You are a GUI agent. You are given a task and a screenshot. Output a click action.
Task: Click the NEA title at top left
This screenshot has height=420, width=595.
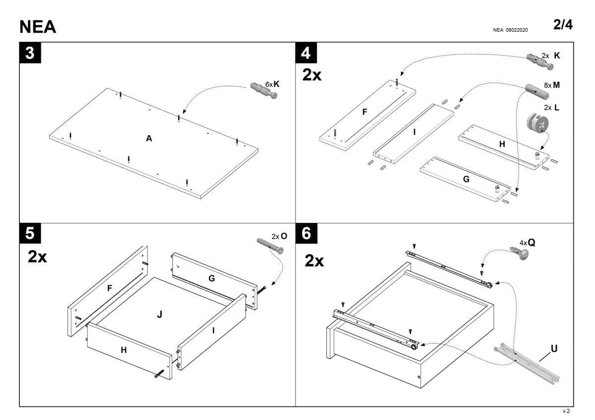click(38, 27)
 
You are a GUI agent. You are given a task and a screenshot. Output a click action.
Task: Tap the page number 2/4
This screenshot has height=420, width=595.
click(563, 25)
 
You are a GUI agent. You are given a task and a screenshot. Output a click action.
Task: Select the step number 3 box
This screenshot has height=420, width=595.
click(30, 53)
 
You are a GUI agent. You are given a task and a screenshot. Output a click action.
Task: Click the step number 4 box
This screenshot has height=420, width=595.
click(306, 53)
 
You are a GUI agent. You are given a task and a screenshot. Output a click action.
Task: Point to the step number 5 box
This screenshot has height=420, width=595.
click(30, 233)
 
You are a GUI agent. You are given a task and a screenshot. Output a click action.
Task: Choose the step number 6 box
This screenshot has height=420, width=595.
click(306, 233)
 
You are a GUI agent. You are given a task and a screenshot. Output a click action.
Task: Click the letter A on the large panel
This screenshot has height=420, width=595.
click(149, 139)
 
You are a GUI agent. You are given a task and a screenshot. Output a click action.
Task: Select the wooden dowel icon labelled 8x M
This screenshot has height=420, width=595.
click(534, 90)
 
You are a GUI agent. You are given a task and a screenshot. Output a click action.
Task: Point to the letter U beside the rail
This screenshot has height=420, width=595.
click(554, 349)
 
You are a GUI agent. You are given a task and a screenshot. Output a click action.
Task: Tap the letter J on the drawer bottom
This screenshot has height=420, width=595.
click(160, 314)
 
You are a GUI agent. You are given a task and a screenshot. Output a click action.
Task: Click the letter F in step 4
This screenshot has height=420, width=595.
click(365, 112)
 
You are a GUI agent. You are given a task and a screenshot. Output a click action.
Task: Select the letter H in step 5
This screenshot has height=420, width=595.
click(124, 350)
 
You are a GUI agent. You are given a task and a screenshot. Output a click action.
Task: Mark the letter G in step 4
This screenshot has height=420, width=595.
click(466, 179)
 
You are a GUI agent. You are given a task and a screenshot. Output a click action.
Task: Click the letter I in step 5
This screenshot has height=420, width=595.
click(213, 329)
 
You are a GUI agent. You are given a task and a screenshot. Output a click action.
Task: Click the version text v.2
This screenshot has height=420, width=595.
click(566, 411)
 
